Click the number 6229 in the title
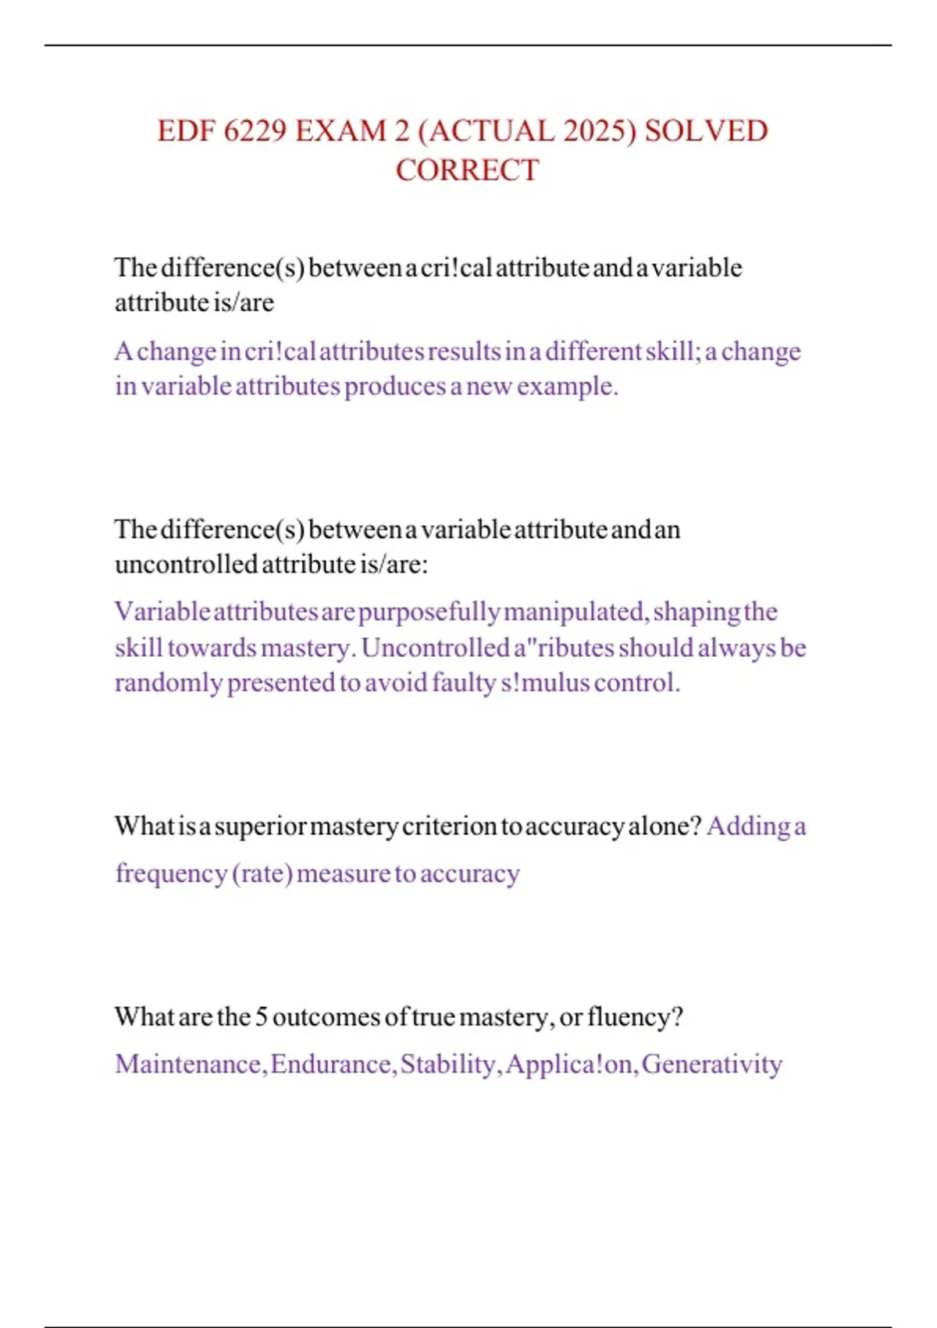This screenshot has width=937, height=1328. (x=255, y=131)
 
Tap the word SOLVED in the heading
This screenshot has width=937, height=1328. (x=706, y=131)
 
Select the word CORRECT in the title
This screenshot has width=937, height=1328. (x=467, y=170)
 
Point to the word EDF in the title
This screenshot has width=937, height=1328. (x=186, y=131)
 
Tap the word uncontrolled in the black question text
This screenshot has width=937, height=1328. (x=186, y=564)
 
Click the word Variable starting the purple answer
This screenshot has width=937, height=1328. (x=162, y=612)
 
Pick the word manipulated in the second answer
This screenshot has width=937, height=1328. (x=575, y=612)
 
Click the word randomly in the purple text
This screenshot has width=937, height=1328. (x=168, y=683)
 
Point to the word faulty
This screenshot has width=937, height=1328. (x=464, y=683)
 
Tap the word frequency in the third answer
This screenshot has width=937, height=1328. (x=171, y=873)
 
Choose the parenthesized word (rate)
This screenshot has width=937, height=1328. (x=262, y=873)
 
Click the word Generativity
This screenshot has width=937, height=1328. (x=711, y=1064)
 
